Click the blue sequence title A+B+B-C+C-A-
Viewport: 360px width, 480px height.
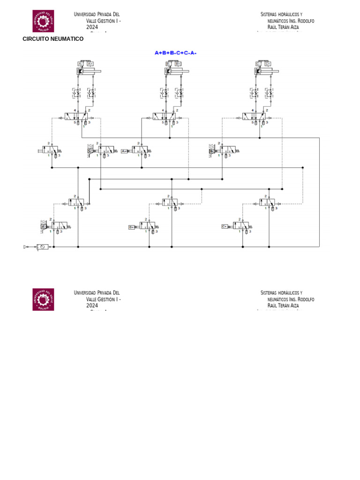(x=175, y=53)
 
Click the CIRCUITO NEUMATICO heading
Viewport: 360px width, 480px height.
(x=53, y=39)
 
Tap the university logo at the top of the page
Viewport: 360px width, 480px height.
(x=43, y=21)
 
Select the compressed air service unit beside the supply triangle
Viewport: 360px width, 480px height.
(x=42, y=247)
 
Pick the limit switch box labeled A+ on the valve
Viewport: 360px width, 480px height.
(x=125, y=151)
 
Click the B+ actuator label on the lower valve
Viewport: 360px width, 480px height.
(x=132, y=227)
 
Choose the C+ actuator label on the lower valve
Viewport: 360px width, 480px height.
(x=225, y=226)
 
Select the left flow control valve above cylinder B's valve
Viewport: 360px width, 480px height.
(x=165, y=93)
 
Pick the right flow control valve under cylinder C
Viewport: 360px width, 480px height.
(x=269, y=93)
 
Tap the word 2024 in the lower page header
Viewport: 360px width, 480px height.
(x=92, y=305)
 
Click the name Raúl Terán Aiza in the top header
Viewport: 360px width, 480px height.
(x=283, y=27)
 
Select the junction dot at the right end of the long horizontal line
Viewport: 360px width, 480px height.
(x=303, y=167)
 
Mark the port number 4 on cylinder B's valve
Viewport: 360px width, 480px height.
(x=163, y=110)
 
